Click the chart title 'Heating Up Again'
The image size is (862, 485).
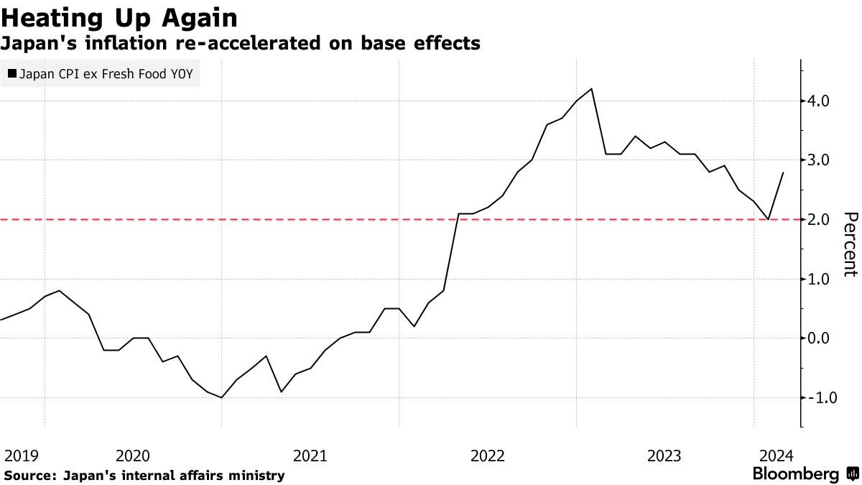click(119, 17)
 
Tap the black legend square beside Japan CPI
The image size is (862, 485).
click(11, 73)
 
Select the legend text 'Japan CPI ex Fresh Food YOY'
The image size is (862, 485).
click(106, 73)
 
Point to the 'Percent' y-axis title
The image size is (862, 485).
click(850, 244)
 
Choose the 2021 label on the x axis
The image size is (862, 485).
click(310, 456)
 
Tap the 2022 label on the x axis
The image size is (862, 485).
click(488, 456)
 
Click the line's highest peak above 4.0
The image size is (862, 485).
click(590, 89)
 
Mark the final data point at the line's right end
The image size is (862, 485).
click(783, 172)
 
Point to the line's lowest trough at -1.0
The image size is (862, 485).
click(222, 397)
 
